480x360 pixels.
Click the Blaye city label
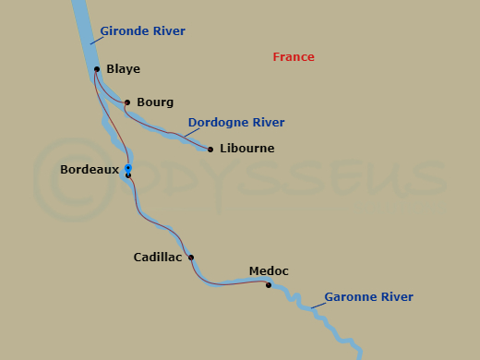pos(123,69)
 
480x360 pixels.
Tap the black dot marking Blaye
pos(97,68)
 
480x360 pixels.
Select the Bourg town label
pos(154,102)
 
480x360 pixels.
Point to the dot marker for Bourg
pos(127,102)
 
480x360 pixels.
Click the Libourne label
pos(247,149)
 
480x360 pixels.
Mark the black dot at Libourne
pos(210,149)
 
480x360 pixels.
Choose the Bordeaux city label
pos(90,170)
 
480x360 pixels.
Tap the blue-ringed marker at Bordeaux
pos(128,168)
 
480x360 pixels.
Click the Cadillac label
pos(158,258)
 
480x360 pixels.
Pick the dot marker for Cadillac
pos(191,258)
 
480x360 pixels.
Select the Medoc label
pos(269,271)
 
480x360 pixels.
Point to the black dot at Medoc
pos(269,285)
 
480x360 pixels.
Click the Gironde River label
pos(142,31)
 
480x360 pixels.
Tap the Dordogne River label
pos(235,123)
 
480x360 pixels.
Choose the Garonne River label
pos(368,297)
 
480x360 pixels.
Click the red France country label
pos(294,57)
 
